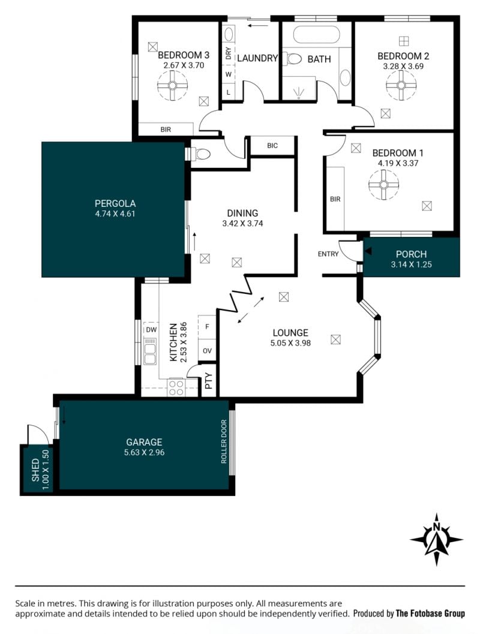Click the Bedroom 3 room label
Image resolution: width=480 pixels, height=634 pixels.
[183, 55]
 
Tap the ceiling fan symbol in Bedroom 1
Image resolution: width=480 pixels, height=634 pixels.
[384, 185]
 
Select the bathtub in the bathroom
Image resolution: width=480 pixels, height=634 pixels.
[317, 35]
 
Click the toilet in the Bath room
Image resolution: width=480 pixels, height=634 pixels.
[293, 59]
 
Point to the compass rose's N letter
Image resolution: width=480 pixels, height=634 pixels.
[436, 527]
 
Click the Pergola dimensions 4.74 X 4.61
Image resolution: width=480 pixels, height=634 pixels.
[115, 214]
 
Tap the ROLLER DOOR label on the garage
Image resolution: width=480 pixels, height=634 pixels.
[224, 441]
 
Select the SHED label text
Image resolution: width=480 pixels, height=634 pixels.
[36, 470]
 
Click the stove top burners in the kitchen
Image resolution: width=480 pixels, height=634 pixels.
[176, 387]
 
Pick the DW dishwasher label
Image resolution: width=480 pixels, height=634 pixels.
[151, 329]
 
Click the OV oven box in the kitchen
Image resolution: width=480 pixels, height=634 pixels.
[207, 350]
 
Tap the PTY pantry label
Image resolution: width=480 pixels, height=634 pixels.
[209, 381]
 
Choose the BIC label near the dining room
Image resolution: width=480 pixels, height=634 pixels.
[272, 146]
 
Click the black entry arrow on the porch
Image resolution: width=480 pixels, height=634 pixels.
[368, 251]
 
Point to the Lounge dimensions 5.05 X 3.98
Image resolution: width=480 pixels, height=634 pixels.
[291, 343]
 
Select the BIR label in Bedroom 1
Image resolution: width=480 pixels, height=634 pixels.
[335, 199]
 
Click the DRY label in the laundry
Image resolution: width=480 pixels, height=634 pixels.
[229, 53]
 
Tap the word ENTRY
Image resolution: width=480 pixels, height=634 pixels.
[328, 254]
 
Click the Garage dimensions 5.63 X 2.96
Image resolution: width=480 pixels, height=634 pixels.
[145, 452]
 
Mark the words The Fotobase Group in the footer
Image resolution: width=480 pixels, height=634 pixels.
[430, 614]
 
